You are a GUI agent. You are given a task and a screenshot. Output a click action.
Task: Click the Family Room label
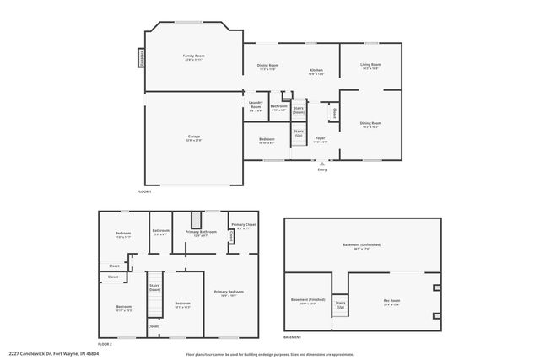pos(194,56)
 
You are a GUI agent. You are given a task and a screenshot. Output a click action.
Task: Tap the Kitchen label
pos(316,70)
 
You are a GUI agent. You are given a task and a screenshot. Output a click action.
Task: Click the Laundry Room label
pos(256,106)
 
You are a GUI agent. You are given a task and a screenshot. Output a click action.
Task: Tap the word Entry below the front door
pos(321,170)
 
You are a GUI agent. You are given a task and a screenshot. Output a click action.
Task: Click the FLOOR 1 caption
pos(143,191)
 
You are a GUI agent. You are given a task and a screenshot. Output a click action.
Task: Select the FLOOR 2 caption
pos(105,344)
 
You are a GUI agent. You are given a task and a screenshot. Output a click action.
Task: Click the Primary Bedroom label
pos(228,292)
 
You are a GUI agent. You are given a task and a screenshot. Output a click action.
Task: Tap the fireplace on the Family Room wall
pos(141,56)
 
